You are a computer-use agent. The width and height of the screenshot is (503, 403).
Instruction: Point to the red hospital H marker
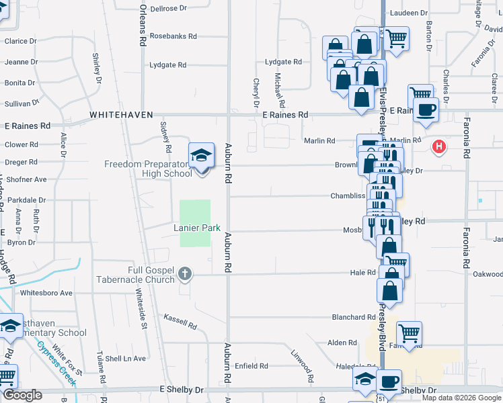(x=439, y=145)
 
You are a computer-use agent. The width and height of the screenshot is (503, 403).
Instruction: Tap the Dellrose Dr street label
(x=168, y=8)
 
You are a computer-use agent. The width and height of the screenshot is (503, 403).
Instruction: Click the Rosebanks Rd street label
(x=173, y=36)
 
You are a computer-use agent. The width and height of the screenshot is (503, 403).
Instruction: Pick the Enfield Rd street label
(x=252, y=366)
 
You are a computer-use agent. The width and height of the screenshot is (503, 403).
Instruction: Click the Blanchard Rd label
(x=353, y=317)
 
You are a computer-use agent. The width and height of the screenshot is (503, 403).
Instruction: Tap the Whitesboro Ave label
(x=46, y=293)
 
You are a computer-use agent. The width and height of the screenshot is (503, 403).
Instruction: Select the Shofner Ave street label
(x=26, y=179)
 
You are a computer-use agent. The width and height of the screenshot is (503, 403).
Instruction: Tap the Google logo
(x=22, y=394)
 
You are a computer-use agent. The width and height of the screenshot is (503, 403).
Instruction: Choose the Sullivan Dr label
(x=20, y=103)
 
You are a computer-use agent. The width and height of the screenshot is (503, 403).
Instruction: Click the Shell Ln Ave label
(x=130, y=359)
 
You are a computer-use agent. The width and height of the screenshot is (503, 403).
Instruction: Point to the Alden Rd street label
(x=342, y=343)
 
